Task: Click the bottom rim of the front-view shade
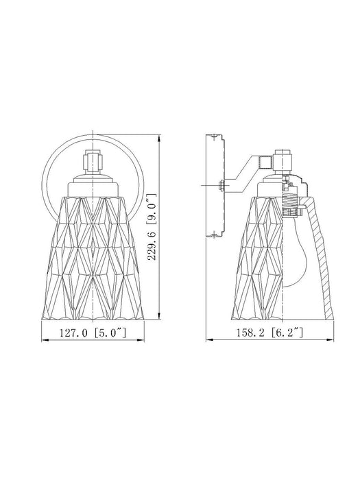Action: (93, 317)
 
